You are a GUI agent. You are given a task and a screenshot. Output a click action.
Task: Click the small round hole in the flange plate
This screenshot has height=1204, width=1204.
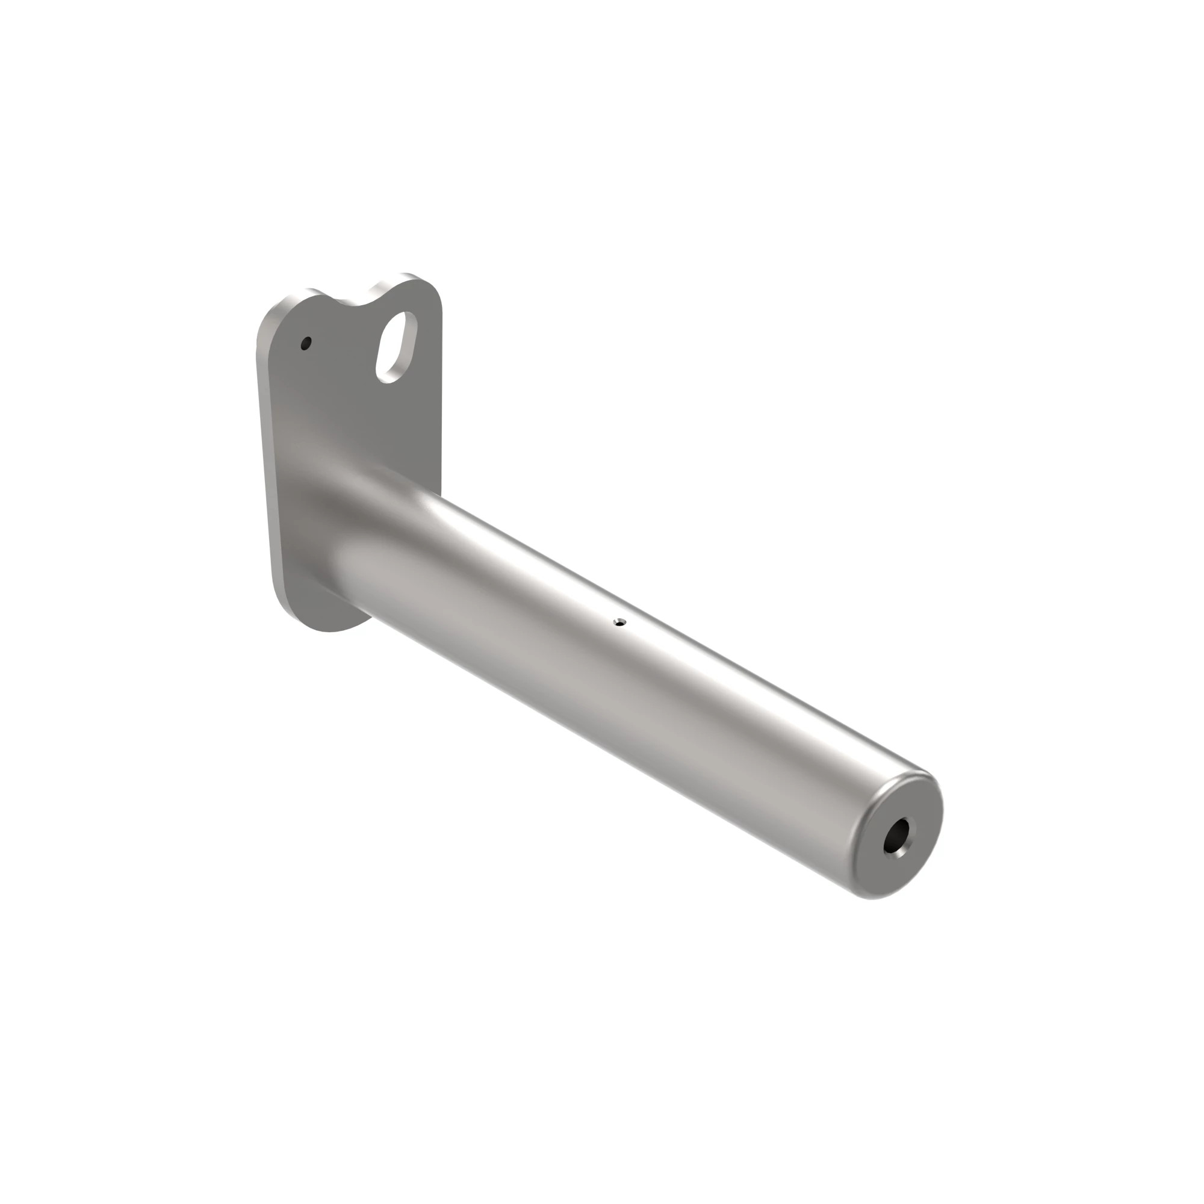point(305,343)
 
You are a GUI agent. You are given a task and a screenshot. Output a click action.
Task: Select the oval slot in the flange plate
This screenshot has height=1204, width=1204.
point(395,347)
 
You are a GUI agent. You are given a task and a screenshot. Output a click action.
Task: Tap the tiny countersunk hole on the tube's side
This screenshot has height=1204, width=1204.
point(619,621)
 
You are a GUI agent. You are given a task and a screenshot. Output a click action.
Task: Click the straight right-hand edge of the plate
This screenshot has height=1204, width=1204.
point(441,405)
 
